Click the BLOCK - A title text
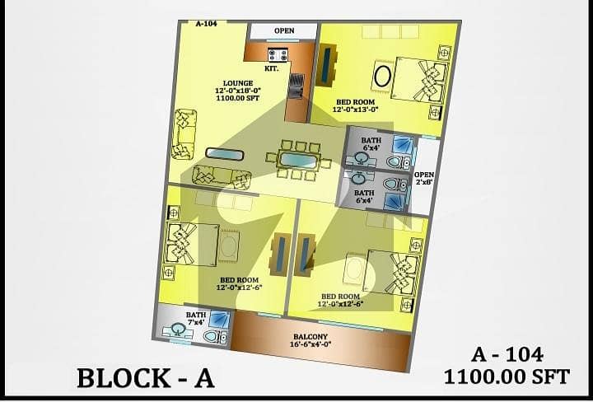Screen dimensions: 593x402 [x=146, y=378]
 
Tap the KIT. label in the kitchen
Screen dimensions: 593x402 [x=272, y=69]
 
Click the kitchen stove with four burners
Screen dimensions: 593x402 [x=278, y=55]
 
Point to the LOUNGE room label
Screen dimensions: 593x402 [x=238, y=83]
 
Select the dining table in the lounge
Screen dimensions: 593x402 [x=298, y=159]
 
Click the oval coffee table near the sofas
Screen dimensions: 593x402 [x=225, y=154]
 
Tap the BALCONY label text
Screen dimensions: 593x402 [x=311, y=337]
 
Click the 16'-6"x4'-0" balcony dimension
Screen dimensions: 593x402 [x=311, y=344]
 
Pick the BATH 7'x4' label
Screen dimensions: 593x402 [x=195, y=319]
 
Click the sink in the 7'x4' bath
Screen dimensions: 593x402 [x=176, y=330]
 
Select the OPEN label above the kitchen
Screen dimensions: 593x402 [x=284, y=30]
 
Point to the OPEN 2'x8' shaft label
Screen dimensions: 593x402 [x=424, y=178]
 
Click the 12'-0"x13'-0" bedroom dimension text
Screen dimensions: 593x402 [x=356, y=110]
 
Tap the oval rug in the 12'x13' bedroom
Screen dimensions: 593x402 [x=383, y=77]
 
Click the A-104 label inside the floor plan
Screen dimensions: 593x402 [x=207, y=24]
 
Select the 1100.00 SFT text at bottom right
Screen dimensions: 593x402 [x=507, y=376]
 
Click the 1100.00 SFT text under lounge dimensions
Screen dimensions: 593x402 [x=238, y=98]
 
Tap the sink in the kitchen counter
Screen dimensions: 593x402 [x=296, y=86]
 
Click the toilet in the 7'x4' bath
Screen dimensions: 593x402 [x=215, y=336]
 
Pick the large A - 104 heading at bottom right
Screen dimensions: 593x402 [x=507, y=355]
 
